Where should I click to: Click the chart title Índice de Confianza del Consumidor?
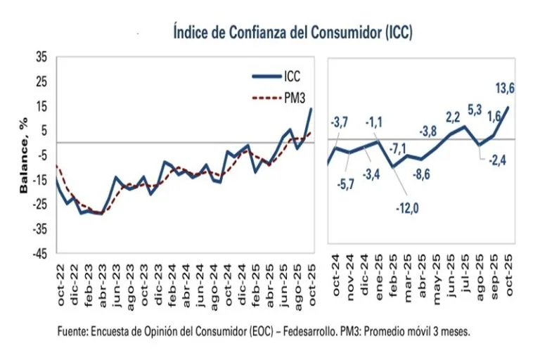[x=292, y=32]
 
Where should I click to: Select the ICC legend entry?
[x=293, y=77]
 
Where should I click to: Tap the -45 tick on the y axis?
[x=40, y=254]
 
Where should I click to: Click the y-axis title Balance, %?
[x=23, y=156]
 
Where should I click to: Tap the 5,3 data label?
[x=475, y=110]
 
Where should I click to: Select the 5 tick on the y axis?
[x=45, y=130]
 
